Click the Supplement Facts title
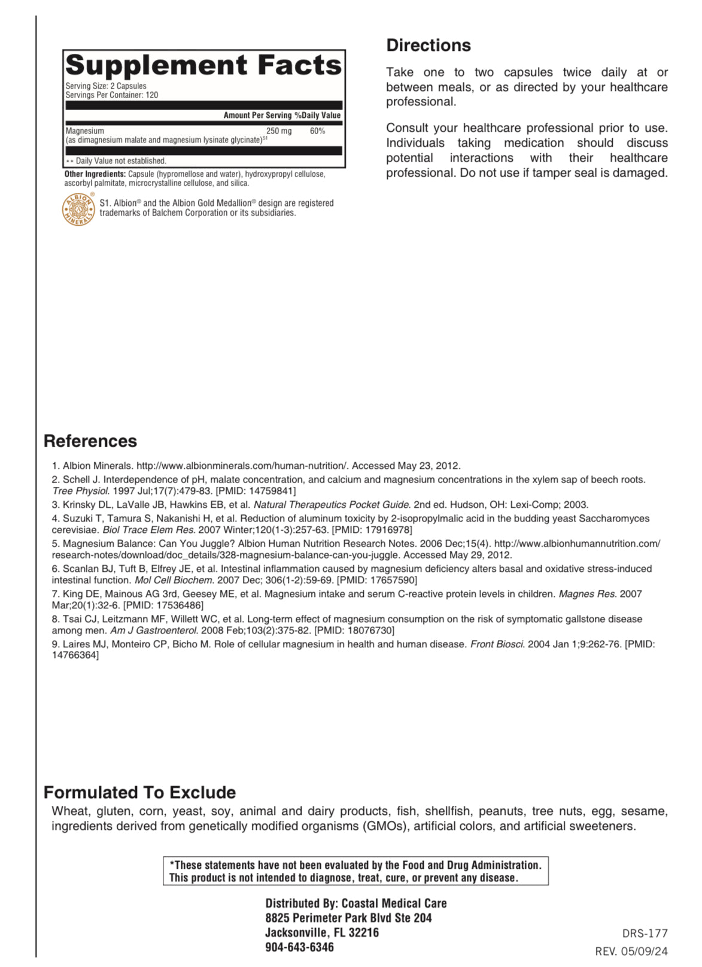click(203, 65)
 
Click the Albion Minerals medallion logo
click(78, 210)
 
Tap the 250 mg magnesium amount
click(279, 131)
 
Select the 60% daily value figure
click(317, 131)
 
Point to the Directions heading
click(429, 46)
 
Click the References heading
click(90, 441)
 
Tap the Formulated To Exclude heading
click(139, 792)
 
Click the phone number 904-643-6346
click(299, 947)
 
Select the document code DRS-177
click(645, 933)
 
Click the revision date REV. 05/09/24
click(631, 951)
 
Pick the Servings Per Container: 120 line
click(112, 95)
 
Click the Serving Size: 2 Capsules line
click(106, 86)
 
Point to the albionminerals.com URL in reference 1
click(242, 466)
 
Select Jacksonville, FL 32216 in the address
click(322, 932)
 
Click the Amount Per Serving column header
click(257, 116)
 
